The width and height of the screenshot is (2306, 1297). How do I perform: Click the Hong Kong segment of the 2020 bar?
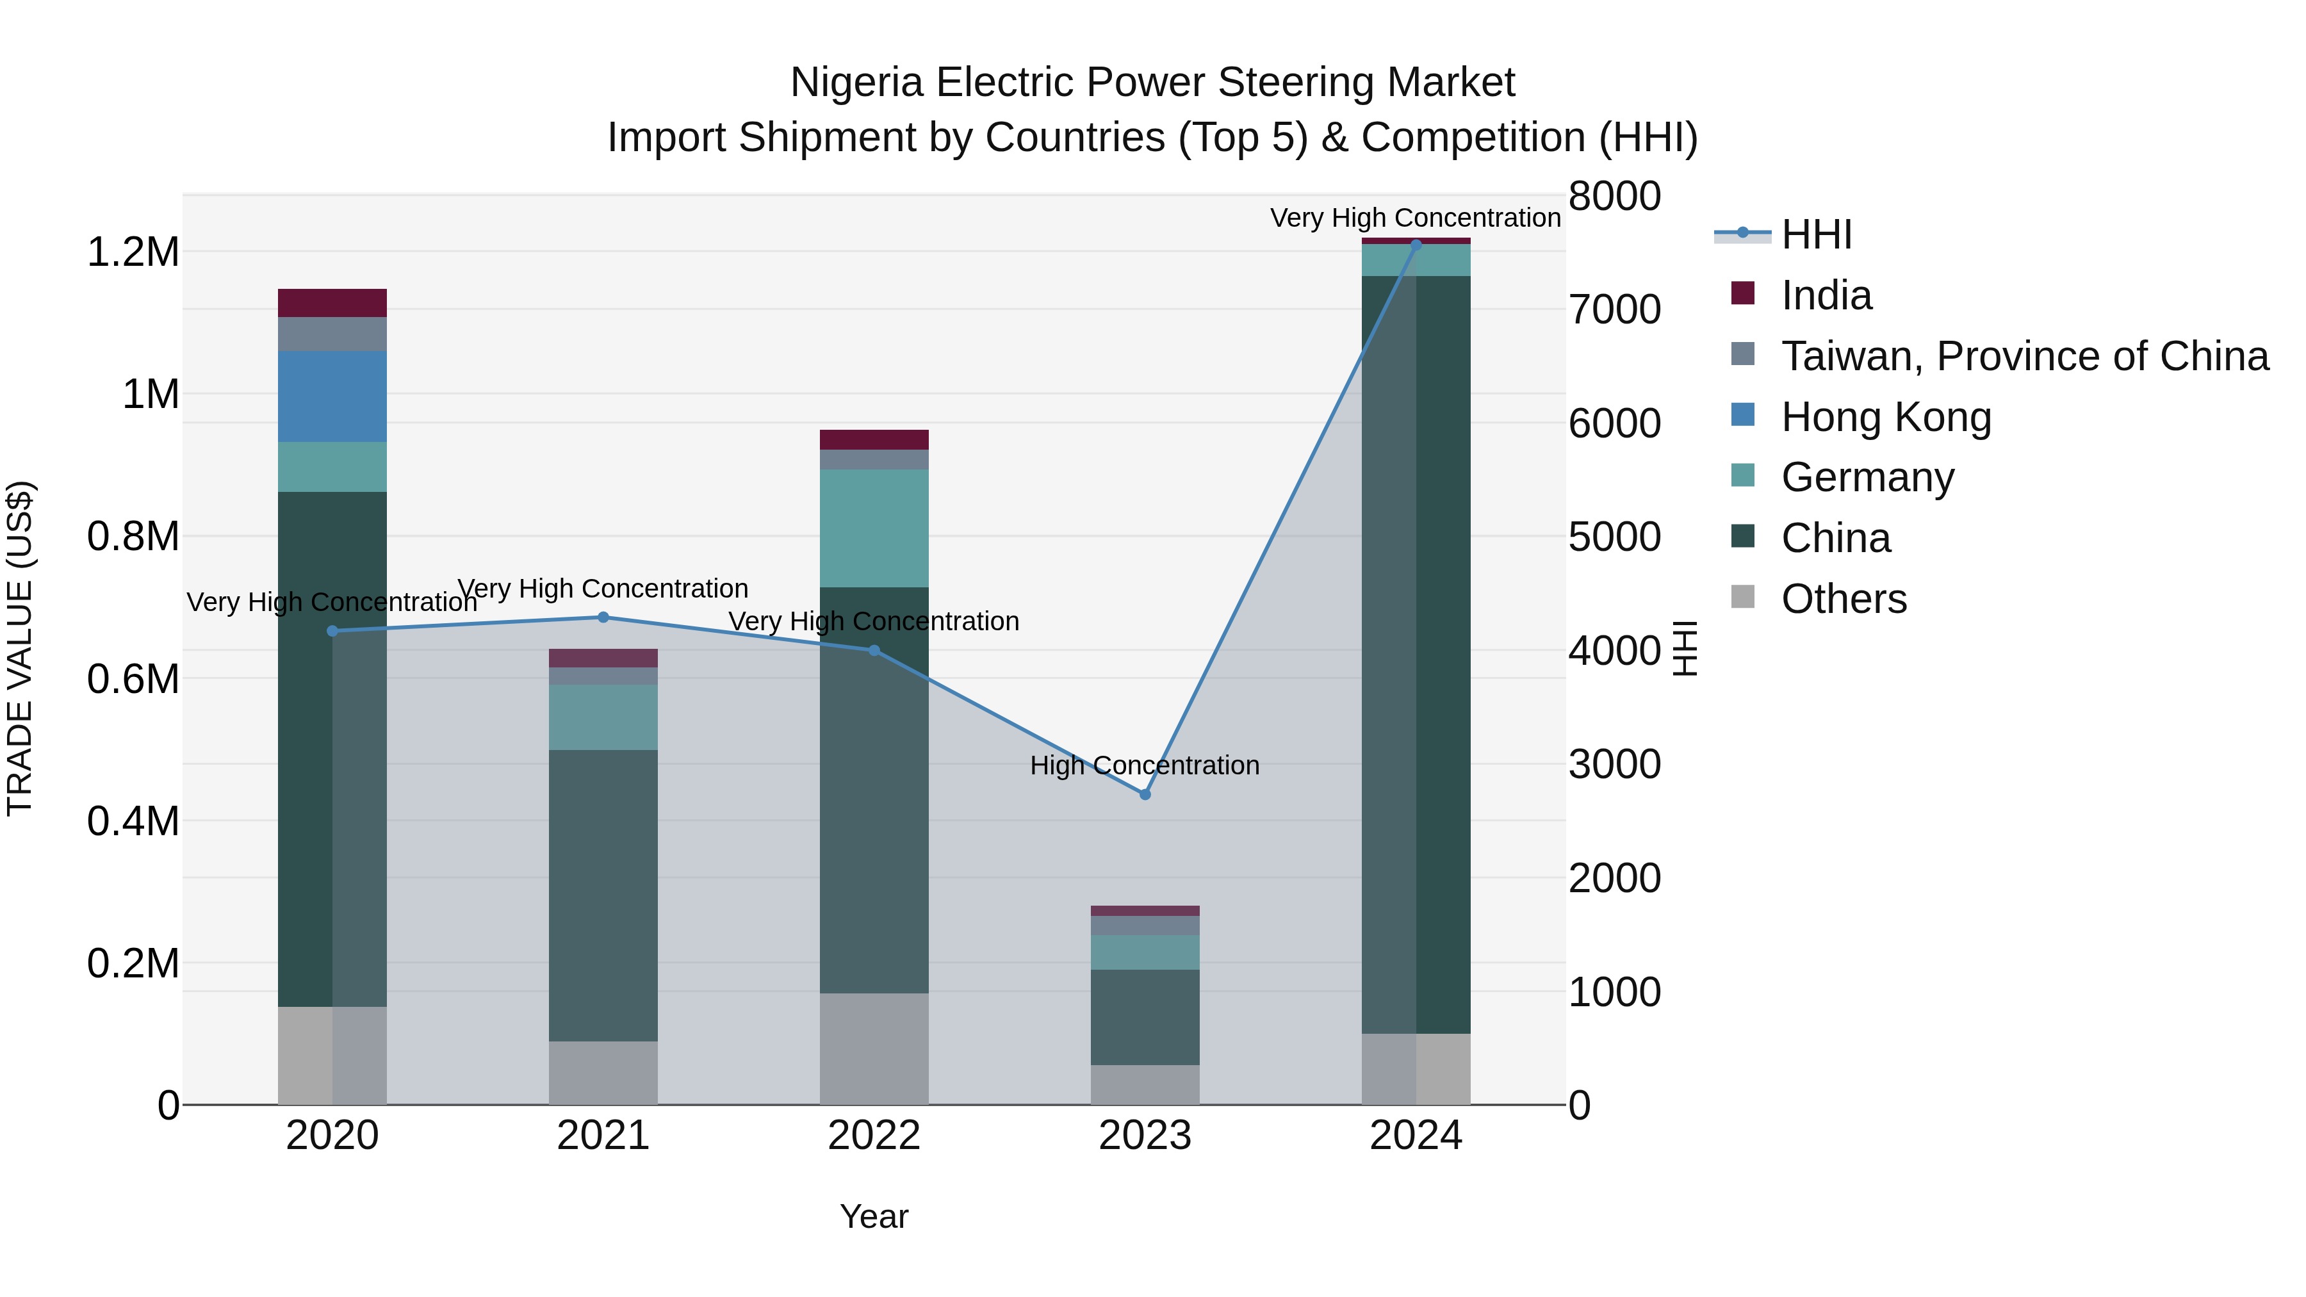coord(332,396)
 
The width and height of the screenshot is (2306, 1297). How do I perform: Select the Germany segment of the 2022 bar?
coord(874,528)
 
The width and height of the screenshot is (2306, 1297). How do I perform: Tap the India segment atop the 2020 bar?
coord(332,302)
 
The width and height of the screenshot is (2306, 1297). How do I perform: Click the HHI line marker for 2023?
coord(1144,794)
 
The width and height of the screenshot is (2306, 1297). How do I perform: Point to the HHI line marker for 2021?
coord(603,617)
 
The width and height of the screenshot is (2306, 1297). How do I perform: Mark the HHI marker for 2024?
coord(1415,245)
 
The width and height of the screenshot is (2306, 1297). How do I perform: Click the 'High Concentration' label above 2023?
coord(1144,766)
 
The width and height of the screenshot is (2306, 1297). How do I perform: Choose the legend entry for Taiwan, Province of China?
coord(2024,356)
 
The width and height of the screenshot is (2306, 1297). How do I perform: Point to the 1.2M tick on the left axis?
coord(133,252)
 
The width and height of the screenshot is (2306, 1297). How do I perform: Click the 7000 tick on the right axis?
coord(1614,310)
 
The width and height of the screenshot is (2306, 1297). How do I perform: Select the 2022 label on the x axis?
coord(874,1136)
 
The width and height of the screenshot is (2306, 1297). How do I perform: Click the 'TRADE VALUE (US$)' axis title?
coord(20,648)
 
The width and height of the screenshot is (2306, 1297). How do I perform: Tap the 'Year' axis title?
coord(874,1216)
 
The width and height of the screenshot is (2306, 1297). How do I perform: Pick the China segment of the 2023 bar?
coord(1144,1017)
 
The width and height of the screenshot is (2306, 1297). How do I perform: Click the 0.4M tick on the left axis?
coord(133,822)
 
